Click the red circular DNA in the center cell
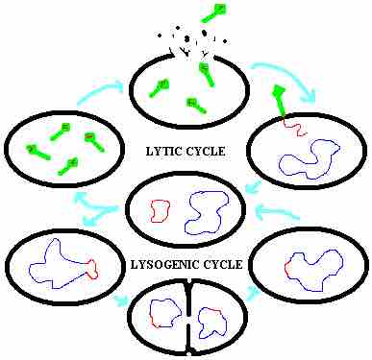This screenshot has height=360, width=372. [x=160, y=209]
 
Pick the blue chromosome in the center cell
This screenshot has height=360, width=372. [x=207, y=211]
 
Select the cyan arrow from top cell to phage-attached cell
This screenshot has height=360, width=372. [x=287, y=78]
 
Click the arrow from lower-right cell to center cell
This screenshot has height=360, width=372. [x=275, y=212]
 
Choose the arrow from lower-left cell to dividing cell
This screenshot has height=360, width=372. [x=120, y=300]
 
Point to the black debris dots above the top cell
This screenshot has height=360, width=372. [x=192, y=38]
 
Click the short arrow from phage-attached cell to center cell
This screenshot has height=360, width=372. [x=253, y=187]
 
